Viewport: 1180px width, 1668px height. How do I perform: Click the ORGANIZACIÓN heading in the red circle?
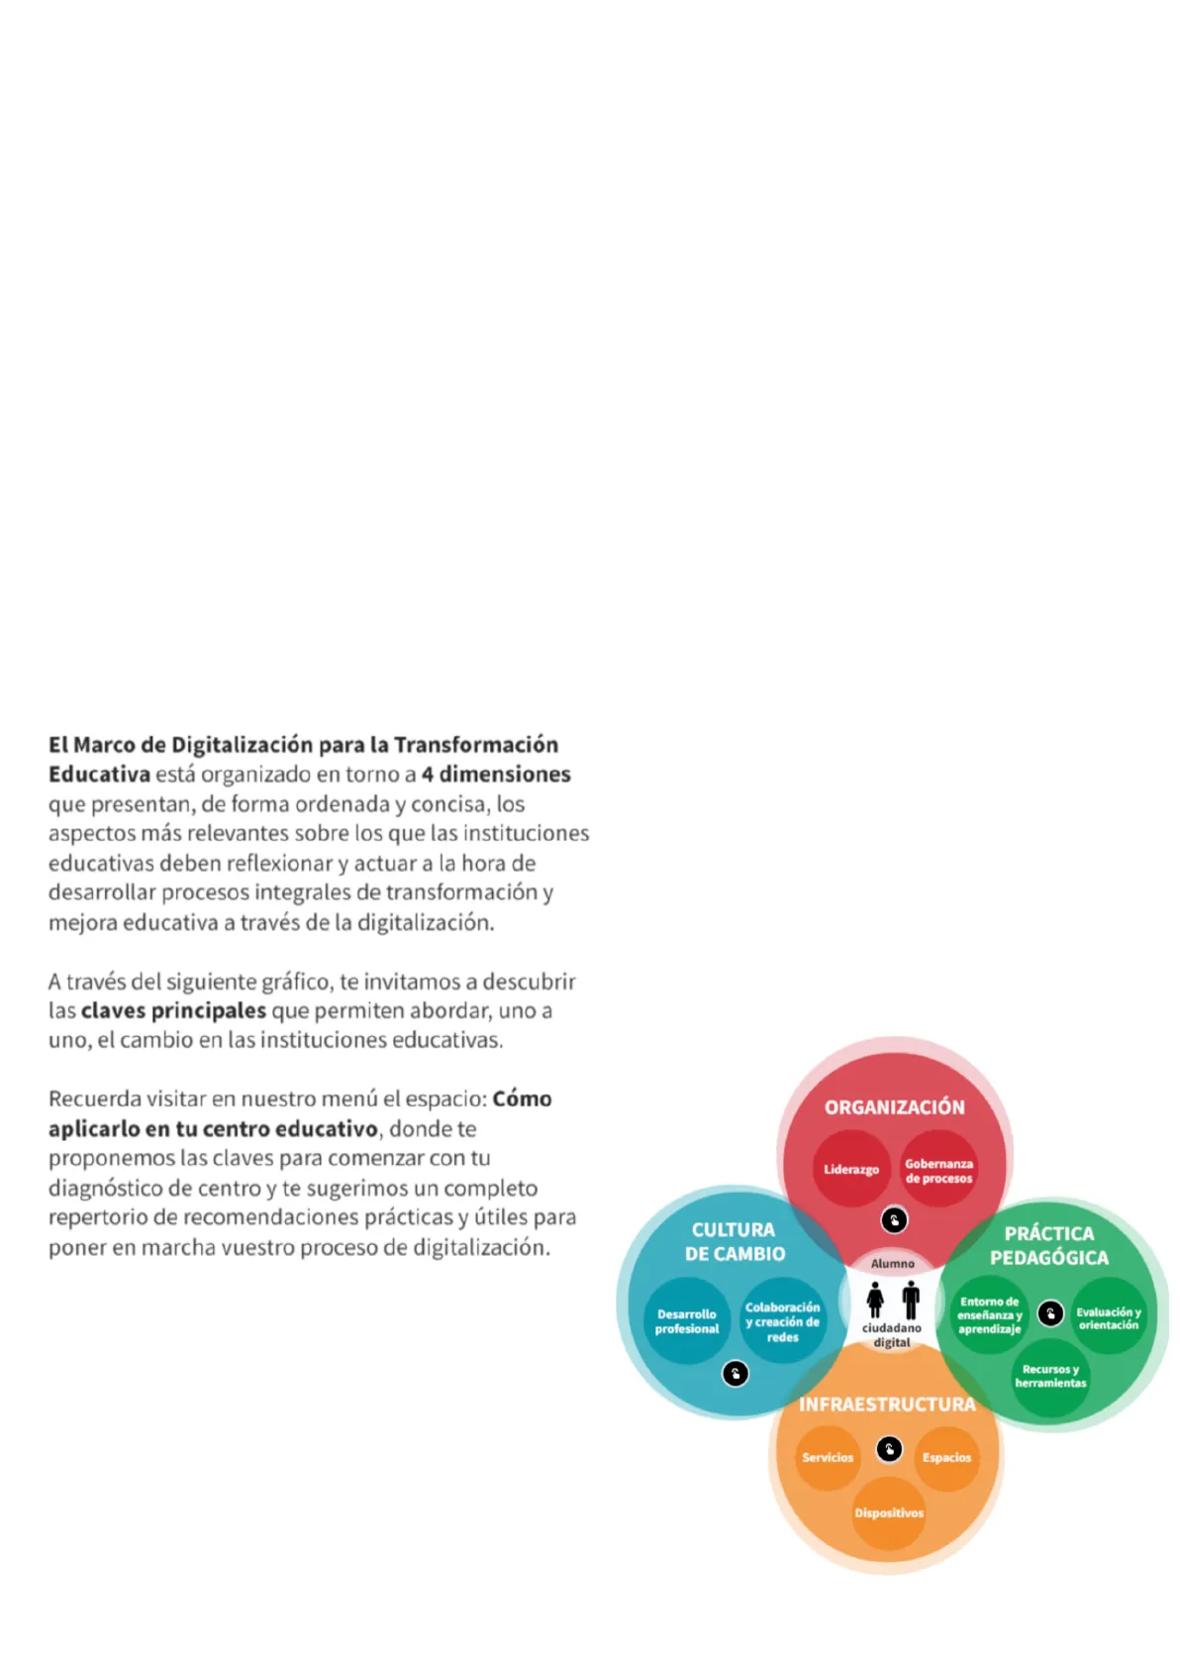pyautogui.click(x=894, y=1106)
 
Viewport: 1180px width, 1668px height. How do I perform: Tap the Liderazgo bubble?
pyautogui.click(x=850, y=1169)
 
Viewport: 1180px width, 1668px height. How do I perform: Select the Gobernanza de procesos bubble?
pyautogui.click(x=938, y=1170)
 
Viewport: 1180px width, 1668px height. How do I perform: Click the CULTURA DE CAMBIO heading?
pyautogui.click(x=734, y=1241)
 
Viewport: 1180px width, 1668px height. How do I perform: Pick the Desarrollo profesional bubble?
pyautogui.click(x=686, y=1321)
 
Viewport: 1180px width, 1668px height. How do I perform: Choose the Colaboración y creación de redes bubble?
pyautogui.click(x=782, y=1321)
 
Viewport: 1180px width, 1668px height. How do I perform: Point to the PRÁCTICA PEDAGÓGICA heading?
pyautogui.click(x=1049, y=1245)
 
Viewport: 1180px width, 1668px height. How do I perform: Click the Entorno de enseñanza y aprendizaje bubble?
pyautogui.click(x=989, y=1314)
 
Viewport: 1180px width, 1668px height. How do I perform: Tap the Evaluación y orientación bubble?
pyautogui.click(x=1109, y=1317)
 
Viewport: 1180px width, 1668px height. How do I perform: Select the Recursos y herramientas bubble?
pyautogui.click(x=1050, y=1376)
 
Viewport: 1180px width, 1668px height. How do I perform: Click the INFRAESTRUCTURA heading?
pyautogui.click(x=887, y=1404)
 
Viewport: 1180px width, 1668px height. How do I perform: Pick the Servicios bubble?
pyautogui.click(x=828, y=1457)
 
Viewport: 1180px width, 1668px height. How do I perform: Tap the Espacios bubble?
pyautogui.click(x=946, y=1457)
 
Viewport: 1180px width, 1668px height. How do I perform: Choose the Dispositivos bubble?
pyautogui.click(x=889, y=1512)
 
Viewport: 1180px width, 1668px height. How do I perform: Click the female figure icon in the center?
pyautogui.click(x=875, y=1299)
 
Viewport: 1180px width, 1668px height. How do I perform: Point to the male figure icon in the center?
pyautogui.click(x=911, y=1299)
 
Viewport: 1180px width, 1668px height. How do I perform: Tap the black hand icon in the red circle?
pyautogui.click(x=894, y=1220)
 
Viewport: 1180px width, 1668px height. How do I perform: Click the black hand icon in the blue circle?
pyautogui.click(x=736, y=1374)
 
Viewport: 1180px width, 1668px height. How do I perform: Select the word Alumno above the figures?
pyautogui.click(x=892, y=1263)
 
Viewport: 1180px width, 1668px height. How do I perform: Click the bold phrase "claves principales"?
pyautogui.click(x=173, y=1010)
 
